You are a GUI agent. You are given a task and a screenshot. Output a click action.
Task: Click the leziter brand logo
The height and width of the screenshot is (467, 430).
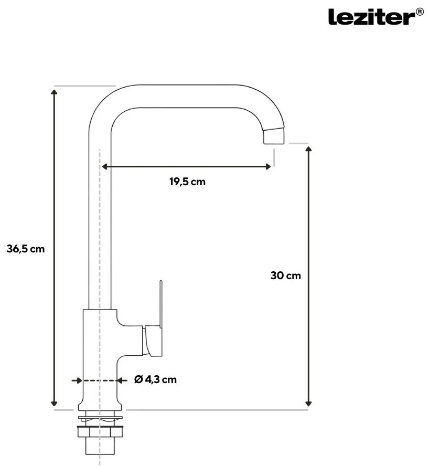(x=371, y=17)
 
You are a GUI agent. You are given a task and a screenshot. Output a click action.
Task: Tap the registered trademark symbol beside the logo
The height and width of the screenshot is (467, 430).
(x=420, y=12)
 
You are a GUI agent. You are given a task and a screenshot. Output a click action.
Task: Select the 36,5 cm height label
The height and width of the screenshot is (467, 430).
(x=26, y=249)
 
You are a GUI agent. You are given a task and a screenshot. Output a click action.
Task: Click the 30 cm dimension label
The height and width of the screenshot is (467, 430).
(x=286, y=275)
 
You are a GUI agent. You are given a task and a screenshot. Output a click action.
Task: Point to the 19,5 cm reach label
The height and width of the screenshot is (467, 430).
(x=188, y=182)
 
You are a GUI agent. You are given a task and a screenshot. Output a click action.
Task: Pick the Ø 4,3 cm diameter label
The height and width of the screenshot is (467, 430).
(x=155, y=379)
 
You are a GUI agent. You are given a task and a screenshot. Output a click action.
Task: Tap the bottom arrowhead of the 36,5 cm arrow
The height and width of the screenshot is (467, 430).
(x=54, y=403)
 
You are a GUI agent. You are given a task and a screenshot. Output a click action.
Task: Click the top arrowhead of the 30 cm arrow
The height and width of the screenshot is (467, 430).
(x=308, y=149)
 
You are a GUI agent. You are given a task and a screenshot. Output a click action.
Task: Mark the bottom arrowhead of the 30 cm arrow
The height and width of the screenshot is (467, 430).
(x=308, y=403)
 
